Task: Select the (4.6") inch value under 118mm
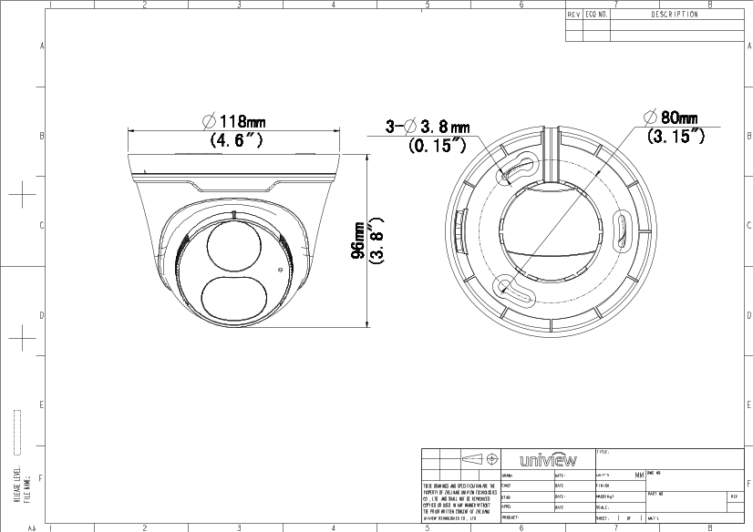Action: [236, 140]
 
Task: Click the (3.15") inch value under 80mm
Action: [675, 136]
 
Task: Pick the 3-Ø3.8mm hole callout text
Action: [428, 127]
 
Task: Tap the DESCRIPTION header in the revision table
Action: [675, 15]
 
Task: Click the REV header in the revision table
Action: [574, 15]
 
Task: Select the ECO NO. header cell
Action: [597, 15]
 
